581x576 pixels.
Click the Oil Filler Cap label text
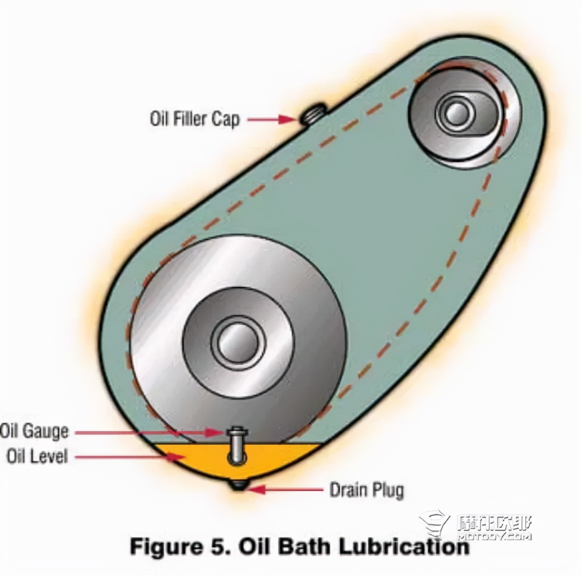(194, 119)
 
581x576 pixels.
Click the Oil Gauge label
(34, 431)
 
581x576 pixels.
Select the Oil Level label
(37, 456)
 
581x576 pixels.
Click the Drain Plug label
(366, 490)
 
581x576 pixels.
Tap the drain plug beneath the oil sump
(238, 486)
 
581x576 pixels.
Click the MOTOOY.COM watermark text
(495, 537)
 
